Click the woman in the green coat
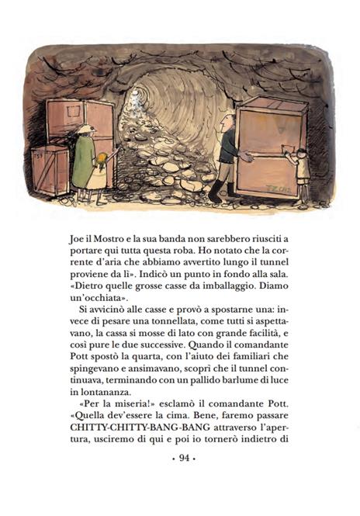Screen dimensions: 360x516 (x=83, y=159)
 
